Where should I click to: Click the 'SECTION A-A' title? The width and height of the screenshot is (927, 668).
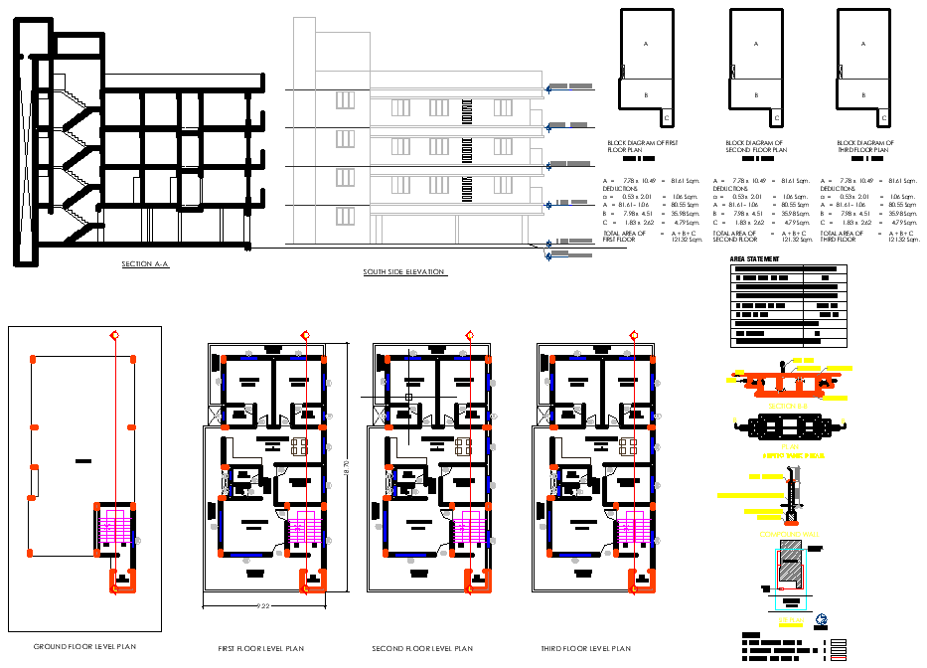click(145, 264)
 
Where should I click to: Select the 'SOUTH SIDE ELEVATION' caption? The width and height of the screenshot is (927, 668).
click(404, 271)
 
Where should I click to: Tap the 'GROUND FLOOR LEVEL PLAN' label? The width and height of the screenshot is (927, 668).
click(84, 646)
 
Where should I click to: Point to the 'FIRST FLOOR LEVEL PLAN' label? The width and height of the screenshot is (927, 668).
click(261, 648)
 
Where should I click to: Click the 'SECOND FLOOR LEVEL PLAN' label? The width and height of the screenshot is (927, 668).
click(422, 648)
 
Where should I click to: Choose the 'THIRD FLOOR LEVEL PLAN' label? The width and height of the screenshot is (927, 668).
click(586, 648)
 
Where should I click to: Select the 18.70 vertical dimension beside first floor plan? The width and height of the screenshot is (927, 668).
click(346, 464)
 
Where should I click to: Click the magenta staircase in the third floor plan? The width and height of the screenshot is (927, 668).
click(634, 526)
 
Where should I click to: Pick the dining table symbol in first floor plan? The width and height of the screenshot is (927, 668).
click(299, 446)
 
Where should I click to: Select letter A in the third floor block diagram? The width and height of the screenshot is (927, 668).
click(862, 44)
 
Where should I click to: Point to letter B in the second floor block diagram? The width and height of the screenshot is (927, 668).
click(754, 94)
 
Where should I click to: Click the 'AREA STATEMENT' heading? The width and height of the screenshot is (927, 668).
click(754, 258)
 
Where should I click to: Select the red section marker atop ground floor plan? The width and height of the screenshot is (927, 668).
click(115, 335)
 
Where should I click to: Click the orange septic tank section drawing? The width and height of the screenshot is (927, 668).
click(779, 382)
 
